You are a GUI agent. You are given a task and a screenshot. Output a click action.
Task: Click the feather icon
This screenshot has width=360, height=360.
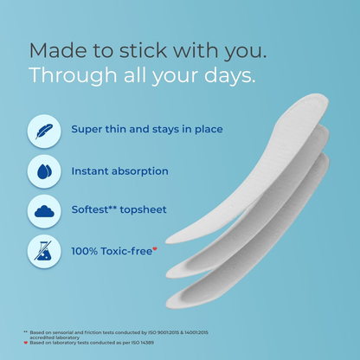pos(43,131)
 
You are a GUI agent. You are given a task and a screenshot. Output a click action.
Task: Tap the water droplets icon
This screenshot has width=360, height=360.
pos(43,170)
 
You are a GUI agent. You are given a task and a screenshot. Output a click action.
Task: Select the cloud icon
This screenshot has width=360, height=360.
pos(43,210)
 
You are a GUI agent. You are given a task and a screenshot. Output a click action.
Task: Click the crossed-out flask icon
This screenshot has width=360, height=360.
pos(43,250)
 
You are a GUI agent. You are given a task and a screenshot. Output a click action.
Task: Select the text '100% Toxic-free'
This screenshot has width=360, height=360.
pos(111,250)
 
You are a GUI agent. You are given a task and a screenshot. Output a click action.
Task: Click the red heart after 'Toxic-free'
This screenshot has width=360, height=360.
pos(156,247)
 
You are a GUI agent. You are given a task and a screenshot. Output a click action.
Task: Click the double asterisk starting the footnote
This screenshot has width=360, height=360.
pos(26,332)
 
